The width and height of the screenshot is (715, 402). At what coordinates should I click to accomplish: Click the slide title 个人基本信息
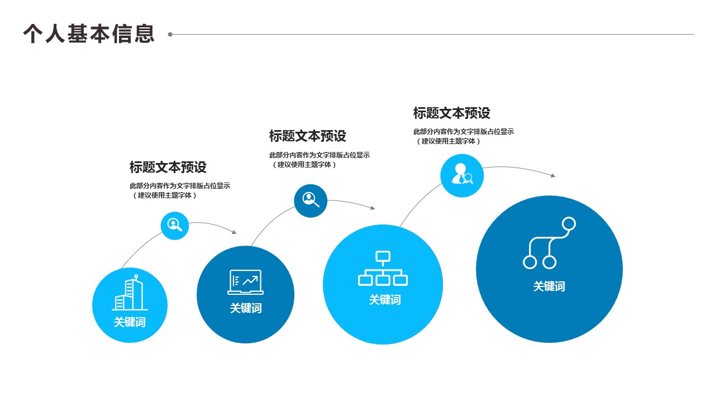click(89, 33)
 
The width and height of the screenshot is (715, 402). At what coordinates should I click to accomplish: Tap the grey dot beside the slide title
click(170, 34)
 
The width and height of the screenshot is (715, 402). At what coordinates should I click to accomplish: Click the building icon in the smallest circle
click(130, 294)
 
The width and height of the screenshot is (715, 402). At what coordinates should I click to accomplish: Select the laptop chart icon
click(245, 282)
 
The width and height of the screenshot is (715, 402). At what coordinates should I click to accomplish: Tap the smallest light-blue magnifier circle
click(175, 226)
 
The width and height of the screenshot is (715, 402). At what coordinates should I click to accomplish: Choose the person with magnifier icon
click(462, 175)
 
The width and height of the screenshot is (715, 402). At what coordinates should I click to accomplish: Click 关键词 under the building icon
click(130, 322)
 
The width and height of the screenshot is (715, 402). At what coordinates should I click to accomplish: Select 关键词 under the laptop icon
click(245, 308)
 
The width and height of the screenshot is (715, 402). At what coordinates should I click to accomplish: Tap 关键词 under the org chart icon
click(384, 300)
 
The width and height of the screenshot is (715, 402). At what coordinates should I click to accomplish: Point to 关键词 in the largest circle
click(549, 286)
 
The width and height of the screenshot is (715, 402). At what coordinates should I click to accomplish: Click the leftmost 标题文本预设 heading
click(168, 167)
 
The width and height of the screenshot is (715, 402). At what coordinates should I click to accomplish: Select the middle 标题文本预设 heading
click(308, 136)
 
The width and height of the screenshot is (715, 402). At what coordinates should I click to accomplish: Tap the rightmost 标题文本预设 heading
click(452, 113)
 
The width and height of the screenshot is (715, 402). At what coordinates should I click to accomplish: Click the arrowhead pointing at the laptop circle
click(234, 232)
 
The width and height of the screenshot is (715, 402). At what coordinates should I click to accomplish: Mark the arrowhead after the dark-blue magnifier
click(373, 208)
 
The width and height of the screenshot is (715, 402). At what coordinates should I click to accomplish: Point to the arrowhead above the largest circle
click(553, 176)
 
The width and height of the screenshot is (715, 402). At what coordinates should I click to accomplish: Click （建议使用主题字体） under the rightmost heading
click(448, 141)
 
